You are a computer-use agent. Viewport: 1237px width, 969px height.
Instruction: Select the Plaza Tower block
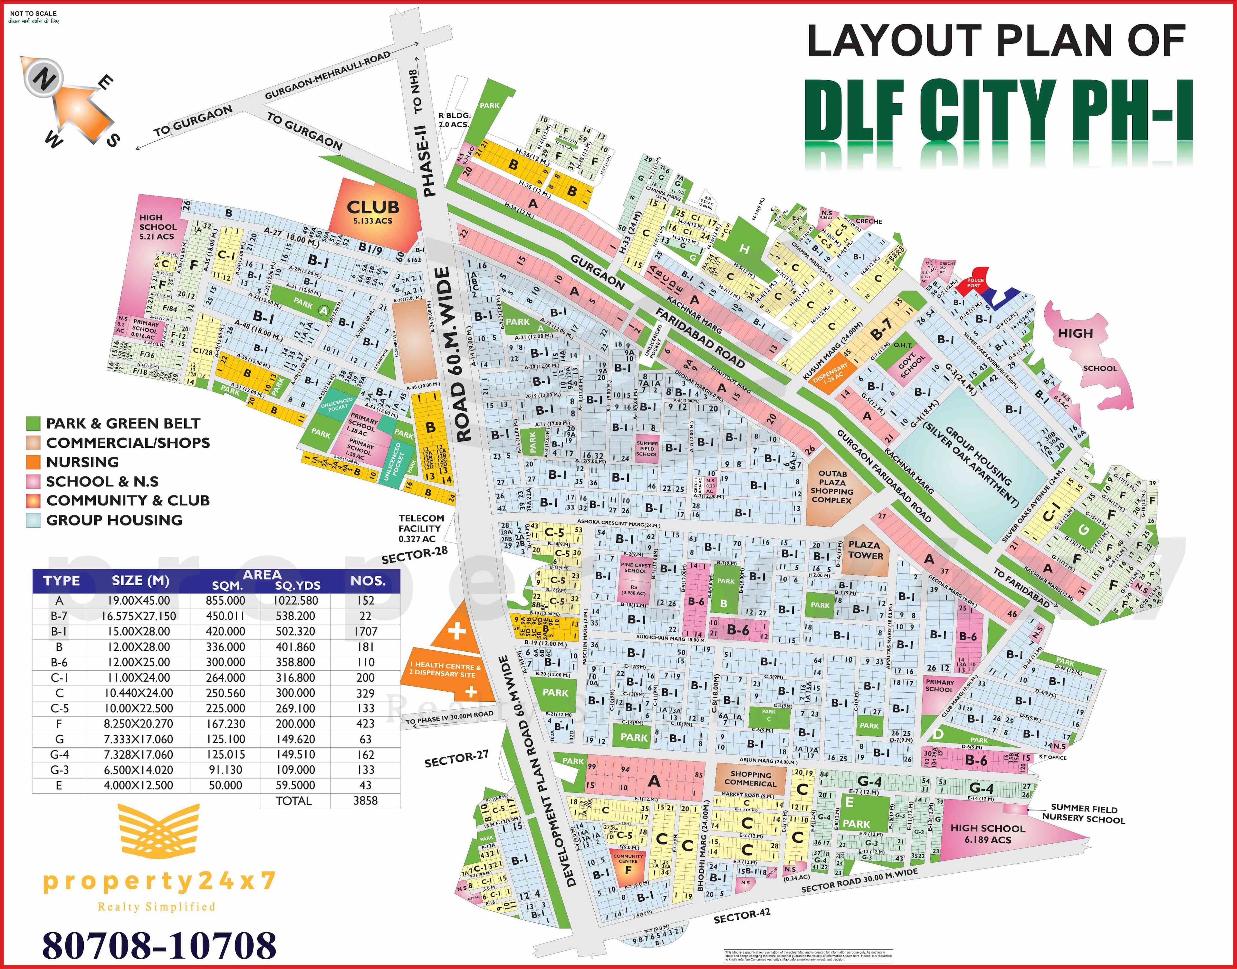(x=864, y=550)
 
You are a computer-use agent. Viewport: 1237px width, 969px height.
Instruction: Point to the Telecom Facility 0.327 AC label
(x=420, y=528)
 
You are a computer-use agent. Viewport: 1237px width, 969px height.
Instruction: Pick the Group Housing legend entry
(x=113, y=520)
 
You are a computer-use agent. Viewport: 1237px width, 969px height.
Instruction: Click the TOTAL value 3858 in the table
(x=365, y=801)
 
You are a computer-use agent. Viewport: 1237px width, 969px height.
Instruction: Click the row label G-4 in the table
(x=59, y=754)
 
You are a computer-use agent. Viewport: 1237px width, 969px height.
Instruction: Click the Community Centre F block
(x=628, y=865)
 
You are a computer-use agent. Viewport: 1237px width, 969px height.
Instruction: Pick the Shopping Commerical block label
(x=750, y=779)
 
